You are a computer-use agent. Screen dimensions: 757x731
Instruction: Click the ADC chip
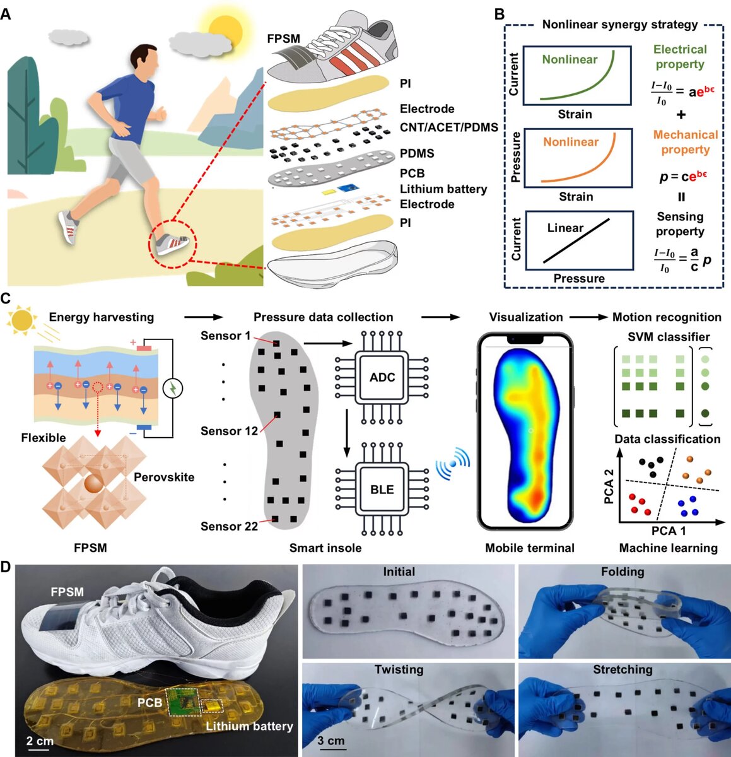coord(382,377)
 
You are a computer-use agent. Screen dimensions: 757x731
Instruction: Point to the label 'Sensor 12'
coord(230,431)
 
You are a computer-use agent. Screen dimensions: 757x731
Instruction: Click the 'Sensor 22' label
coord(230,526)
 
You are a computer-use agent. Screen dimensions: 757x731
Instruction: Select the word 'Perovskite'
coord(164,478)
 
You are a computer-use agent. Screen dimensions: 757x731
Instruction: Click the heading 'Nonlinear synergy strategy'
coord(620,25)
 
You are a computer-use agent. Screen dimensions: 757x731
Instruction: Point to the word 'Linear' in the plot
coord(565,228)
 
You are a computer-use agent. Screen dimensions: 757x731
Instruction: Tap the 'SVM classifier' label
coord(669,337)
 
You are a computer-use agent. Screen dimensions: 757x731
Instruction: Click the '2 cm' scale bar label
coord(40,740)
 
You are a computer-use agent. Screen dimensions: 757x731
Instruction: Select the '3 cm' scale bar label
coord(331,740)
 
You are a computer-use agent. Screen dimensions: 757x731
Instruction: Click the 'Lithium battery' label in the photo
coord(249,726)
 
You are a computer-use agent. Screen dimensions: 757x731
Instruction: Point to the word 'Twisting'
coord(399,669)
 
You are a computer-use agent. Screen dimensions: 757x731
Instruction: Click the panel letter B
coord(499,13)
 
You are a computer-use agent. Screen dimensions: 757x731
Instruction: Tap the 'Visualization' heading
coord(526,317)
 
